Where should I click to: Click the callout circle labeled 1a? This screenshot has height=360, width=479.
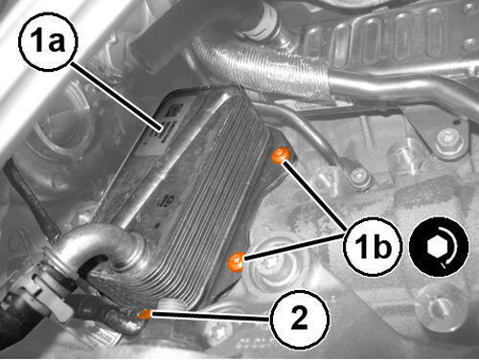(x=48, y=42)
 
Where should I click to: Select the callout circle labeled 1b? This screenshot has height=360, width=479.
(x=373, y=247)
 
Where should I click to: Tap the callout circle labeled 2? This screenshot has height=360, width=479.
(x=299, y=320)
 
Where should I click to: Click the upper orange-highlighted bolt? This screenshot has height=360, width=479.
(x=281, y=155)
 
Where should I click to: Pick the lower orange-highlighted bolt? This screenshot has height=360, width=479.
(x=236, y=261)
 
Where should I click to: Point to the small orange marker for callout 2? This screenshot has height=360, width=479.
(x=145, y=314)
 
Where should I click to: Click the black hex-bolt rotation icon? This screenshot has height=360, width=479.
(x=439, y=247)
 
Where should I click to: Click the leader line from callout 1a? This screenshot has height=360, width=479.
(x=117, y=97)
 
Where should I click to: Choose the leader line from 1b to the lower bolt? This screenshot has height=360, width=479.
(x=294, y=246)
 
